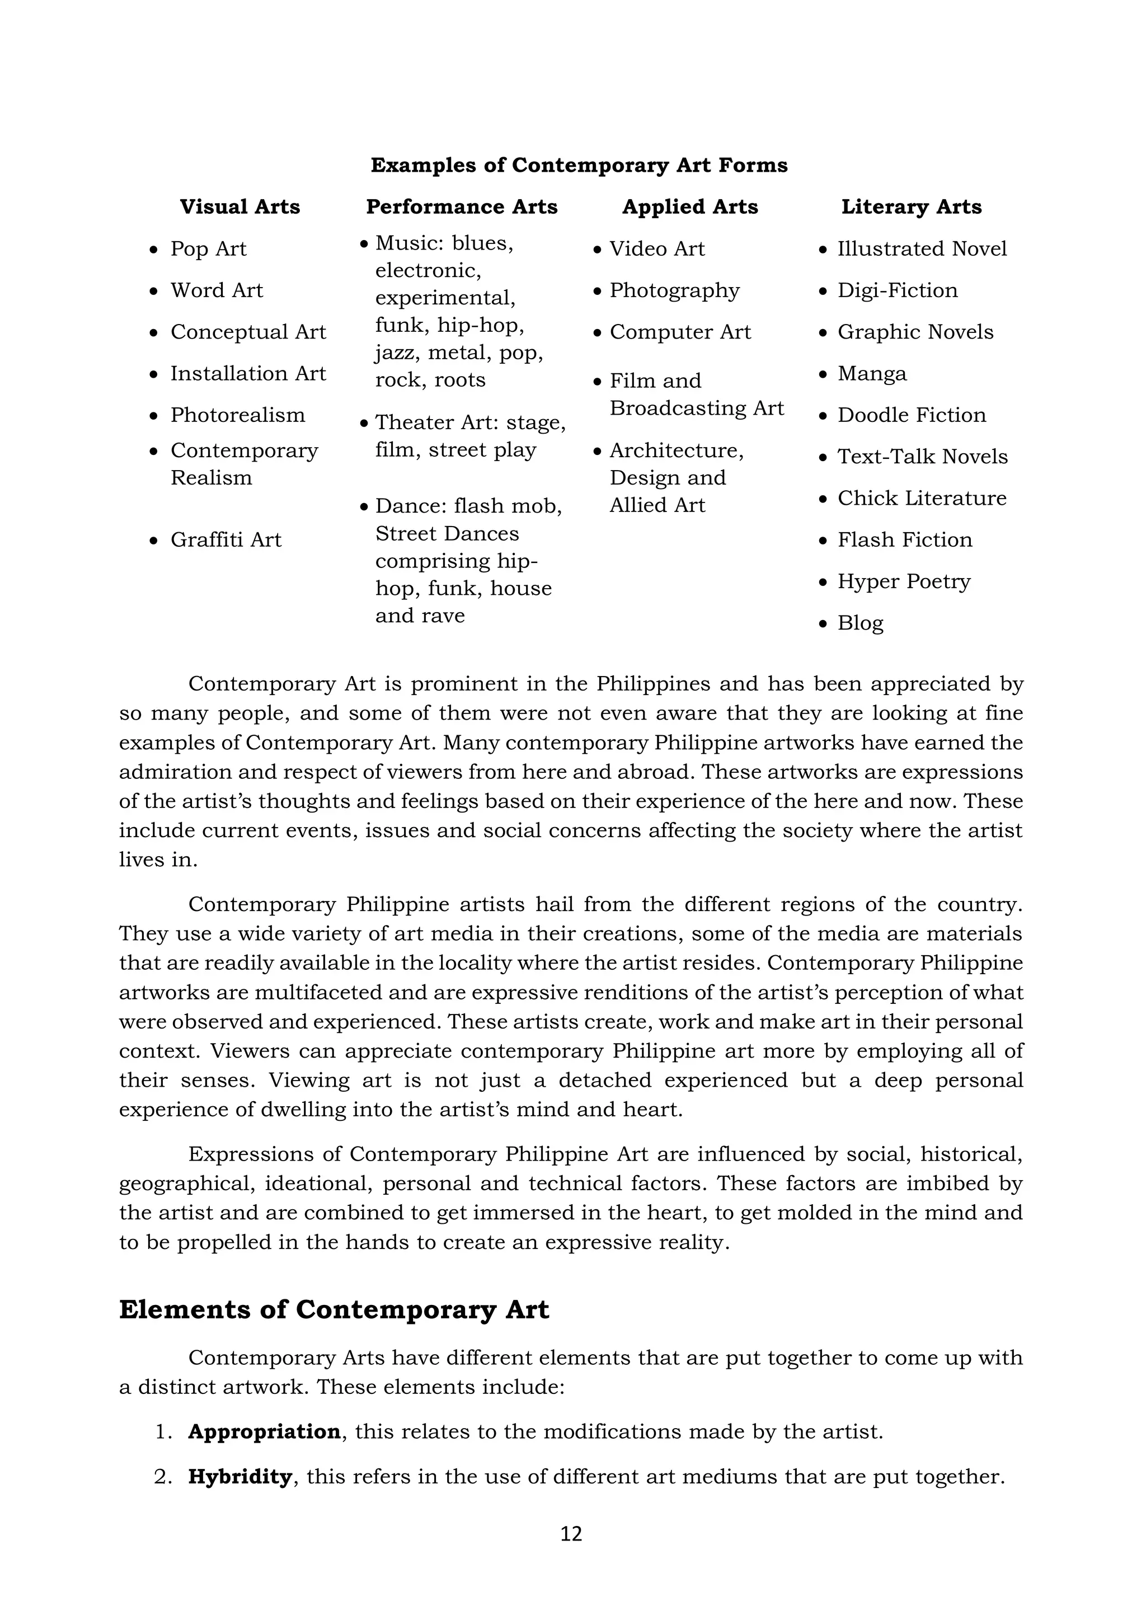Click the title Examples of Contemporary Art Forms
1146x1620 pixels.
[x=579, y=165]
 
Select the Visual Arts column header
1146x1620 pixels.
[x=240, y=206]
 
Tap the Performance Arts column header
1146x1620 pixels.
[x=462, y=206]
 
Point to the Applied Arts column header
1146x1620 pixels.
[x=689, y=206]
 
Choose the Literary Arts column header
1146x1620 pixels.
[x=911, y=206]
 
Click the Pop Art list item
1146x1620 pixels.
[x=208, y=249]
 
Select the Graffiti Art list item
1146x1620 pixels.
[x=226, y=540]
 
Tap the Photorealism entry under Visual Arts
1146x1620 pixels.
[x=238, y=415]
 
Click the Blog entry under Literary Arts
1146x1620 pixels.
[x=860, y=623]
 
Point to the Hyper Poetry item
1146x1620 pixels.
[x=903, y=581]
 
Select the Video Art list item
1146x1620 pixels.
[x=657, y=249]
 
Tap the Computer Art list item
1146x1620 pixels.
[x=680, y=332]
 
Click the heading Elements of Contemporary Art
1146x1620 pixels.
[x=334, y=1309]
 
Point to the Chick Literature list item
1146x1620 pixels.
[x=922, y=498]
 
